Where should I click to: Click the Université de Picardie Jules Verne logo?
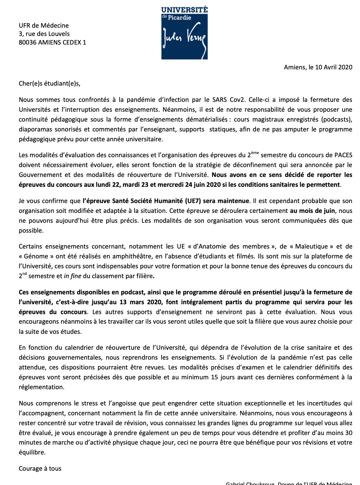point(184,33)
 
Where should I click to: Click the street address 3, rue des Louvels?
point(44,34)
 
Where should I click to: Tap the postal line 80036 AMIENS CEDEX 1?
point(52,42)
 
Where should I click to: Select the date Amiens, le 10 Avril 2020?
point(318,67)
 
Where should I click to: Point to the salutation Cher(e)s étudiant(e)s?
point(50,84)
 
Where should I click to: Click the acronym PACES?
point(343,155)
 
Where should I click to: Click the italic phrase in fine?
point(73,276)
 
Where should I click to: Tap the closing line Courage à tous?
point(40,468)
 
